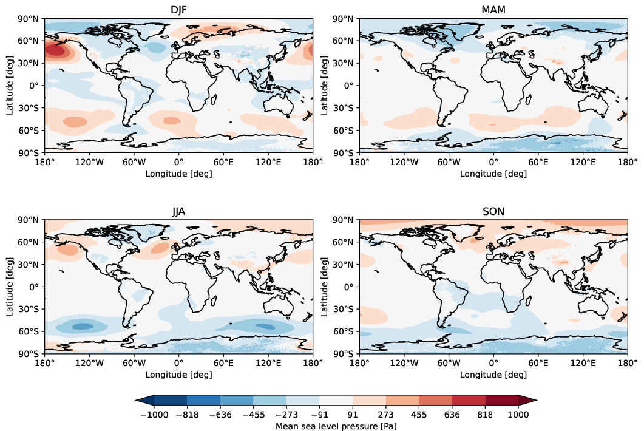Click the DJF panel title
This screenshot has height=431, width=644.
pyautogui.click(x=178, y=10)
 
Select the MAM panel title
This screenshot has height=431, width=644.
pyautogui.click(x=493, y=10)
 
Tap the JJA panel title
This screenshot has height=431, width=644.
pyautogui.click(x=178, y=211)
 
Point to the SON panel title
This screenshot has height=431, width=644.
pyautogui.click(x=493, y=211)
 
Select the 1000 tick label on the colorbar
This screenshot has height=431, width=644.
pyautogui.click(x=519, y=415)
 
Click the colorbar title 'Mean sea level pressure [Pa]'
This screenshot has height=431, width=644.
pyautogui.click(x=336, y=426)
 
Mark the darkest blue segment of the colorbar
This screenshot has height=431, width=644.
pyautogui.click(x=170, y=399)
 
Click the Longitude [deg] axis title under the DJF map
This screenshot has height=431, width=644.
pyautogui.click(x=178, y=173)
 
